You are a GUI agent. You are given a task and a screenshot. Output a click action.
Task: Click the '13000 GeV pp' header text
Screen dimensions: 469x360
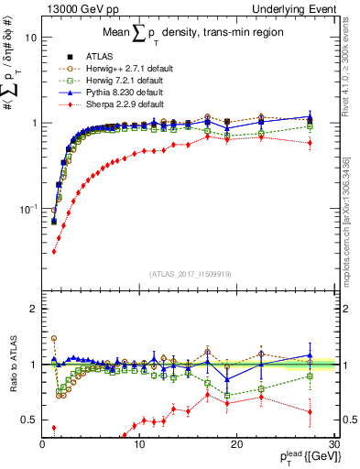(74, 8)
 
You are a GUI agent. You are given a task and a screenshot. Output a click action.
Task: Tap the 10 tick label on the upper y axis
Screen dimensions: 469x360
(31, 38)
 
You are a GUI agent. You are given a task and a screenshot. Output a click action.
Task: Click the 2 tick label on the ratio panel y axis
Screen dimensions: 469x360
(34, 309)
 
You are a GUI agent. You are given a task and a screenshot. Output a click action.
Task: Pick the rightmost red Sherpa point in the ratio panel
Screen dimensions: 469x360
(310, 412)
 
